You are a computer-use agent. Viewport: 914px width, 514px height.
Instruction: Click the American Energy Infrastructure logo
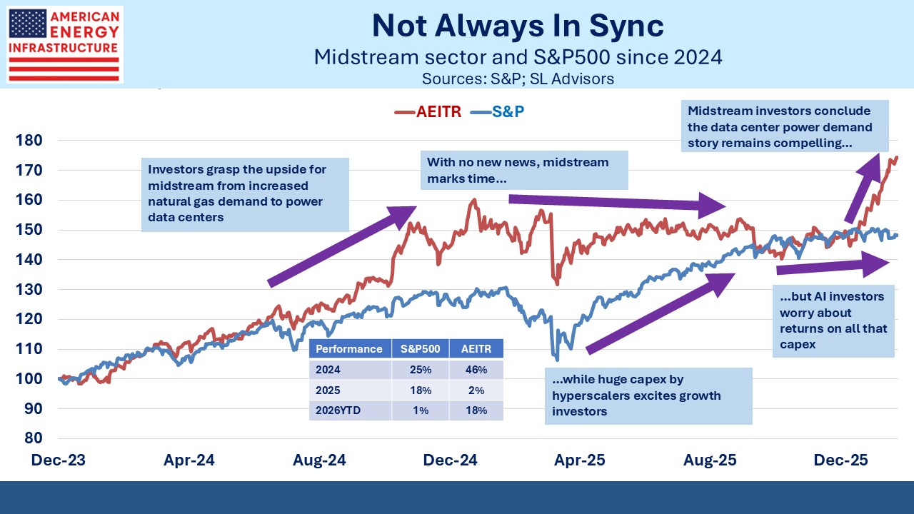click(64, 44)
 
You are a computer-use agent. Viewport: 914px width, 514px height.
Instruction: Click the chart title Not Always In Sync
click(518, 26)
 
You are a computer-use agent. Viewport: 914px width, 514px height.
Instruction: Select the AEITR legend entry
click(428, 111)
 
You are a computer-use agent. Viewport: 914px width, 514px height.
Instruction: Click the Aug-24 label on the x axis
click(319, 460)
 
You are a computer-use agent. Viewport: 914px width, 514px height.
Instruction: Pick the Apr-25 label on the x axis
click(581, 460)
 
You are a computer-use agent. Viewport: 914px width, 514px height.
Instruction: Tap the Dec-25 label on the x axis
click(842, 460)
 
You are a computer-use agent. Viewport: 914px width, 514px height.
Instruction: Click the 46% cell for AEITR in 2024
click(476, 370)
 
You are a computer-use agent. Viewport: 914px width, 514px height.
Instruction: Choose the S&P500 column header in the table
click(420, 349)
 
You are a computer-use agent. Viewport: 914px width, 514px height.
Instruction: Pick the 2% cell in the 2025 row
click(476, 390)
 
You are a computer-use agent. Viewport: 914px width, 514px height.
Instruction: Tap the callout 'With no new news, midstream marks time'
click(524, 170)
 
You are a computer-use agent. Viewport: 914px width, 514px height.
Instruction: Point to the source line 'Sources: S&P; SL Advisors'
click(518, 78)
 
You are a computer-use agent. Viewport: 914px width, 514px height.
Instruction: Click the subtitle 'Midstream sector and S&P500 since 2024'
click(518, 57)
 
